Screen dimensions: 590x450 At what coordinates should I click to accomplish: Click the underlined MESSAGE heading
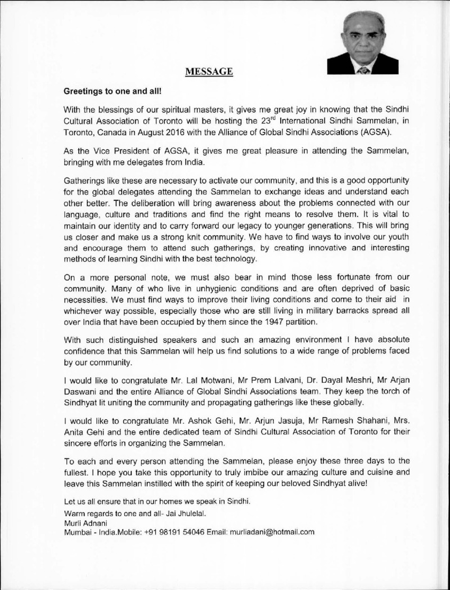pos(209,71)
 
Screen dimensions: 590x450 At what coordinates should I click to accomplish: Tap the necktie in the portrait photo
pos(362,70)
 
